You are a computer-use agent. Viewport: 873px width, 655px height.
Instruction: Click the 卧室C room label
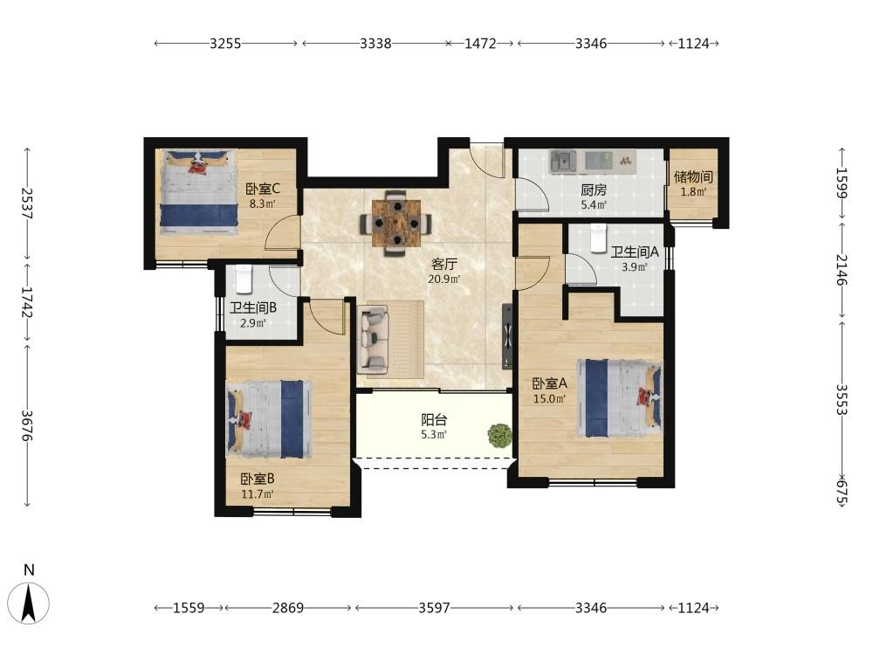point(263,189)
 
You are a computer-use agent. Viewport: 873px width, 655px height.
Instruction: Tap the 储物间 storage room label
point(693,176)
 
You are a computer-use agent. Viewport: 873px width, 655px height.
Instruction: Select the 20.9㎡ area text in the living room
point(443,279)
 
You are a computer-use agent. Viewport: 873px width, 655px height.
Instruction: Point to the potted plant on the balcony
point(499,436)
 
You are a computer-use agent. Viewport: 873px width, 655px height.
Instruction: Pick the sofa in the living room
point(374,339)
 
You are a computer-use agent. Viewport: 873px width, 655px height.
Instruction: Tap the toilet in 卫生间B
point(244,279)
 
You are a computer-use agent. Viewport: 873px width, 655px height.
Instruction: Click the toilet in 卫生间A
point(598,238)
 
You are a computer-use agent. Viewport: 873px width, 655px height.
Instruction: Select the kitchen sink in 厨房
point(563,162)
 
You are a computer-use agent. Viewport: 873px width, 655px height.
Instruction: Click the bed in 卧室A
point(619,398)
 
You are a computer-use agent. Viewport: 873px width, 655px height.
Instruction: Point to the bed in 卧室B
point(268,419)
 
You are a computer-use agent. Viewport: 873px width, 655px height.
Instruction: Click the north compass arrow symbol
point(29,603)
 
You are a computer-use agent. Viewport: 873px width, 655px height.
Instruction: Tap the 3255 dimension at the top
point(225,44)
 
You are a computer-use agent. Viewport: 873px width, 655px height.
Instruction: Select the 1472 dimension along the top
point(480,44)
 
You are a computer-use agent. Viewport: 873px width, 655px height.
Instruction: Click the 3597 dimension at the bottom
point(434,608)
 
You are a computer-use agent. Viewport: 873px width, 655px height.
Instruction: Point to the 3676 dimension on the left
point(27,426)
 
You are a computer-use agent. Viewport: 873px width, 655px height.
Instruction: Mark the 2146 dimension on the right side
point(842,270)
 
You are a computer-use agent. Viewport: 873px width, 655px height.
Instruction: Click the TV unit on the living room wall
point(506,336)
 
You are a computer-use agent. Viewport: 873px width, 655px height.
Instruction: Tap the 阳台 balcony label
point(434,420)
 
